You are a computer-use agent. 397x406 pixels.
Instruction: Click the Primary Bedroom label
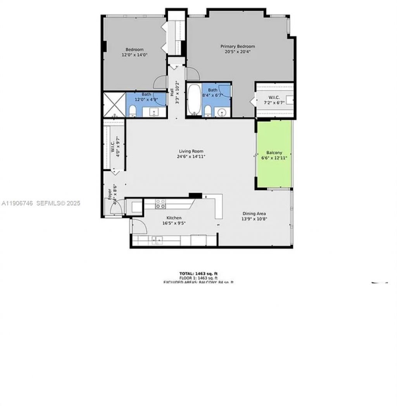point(238,46)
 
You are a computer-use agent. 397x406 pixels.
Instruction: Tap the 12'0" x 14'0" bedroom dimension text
point(134,55)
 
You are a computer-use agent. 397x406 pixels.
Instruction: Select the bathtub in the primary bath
point(194,100)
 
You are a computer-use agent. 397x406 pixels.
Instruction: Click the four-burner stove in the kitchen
point(161,204)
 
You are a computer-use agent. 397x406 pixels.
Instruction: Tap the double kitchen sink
point(157,241)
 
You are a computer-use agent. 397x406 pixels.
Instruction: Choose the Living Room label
point(191,151)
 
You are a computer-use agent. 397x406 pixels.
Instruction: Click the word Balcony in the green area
point(274,153)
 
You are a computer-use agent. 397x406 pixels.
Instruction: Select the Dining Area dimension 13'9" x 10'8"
point(254,218)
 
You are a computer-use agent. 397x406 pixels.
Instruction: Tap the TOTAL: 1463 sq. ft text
point(198,274)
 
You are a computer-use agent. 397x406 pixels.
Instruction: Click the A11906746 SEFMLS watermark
point(41,203)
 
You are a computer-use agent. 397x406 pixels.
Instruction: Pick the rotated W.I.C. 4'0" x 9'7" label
point(114,148)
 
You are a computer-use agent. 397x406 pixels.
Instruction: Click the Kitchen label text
point(174,218)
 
